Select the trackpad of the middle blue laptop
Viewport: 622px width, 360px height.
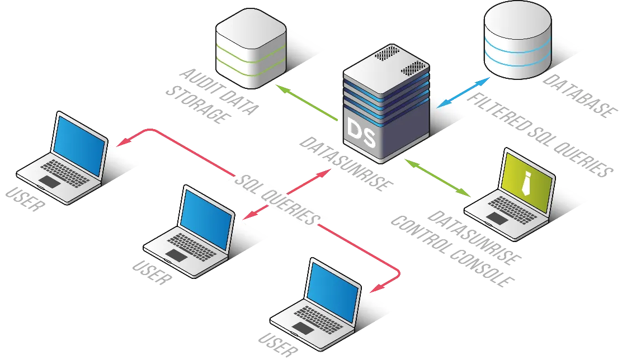point(177,255)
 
